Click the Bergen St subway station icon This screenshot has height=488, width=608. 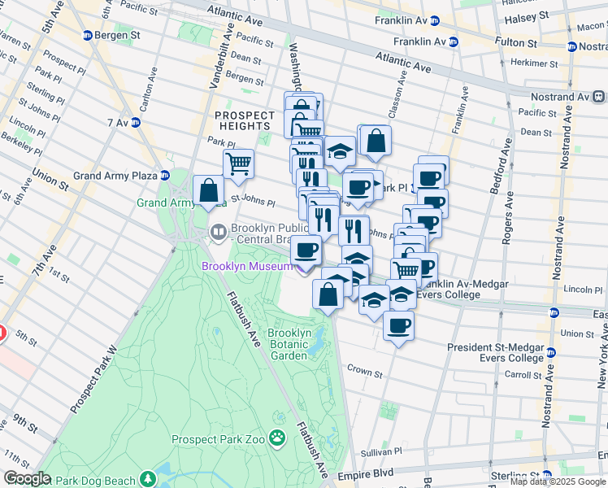pyautogui.click(x=88, y=36)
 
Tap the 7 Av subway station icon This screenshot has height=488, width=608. pyautogui.click(x=136, y=123)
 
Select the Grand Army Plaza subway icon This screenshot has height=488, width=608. pyautogui.click(x=165, y=175)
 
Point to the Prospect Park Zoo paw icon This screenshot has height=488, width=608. pyautogui.click(x=277, y=438)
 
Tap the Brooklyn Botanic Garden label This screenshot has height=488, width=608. pyautogui.click(x=289, y=344)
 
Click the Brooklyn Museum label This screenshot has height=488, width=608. pyautogui.click(x=246, y=267)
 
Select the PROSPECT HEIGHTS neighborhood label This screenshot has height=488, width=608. pyautogui.click(x=243, y=120)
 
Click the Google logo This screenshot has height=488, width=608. pyautogui.click(x=27, y=479)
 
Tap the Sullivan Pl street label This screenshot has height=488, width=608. pyautogui.click(x=381, y=451)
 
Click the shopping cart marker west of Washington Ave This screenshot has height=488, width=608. pyautogui.click(x=238, y=163)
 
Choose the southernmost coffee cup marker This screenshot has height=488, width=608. pyautogui.click(x=397, y=326)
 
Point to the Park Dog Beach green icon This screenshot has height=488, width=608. pyautogui.click(x=148, y=478)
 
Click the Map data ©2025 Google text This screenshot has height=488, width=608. pyautogui.click(x=558, y=481)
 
